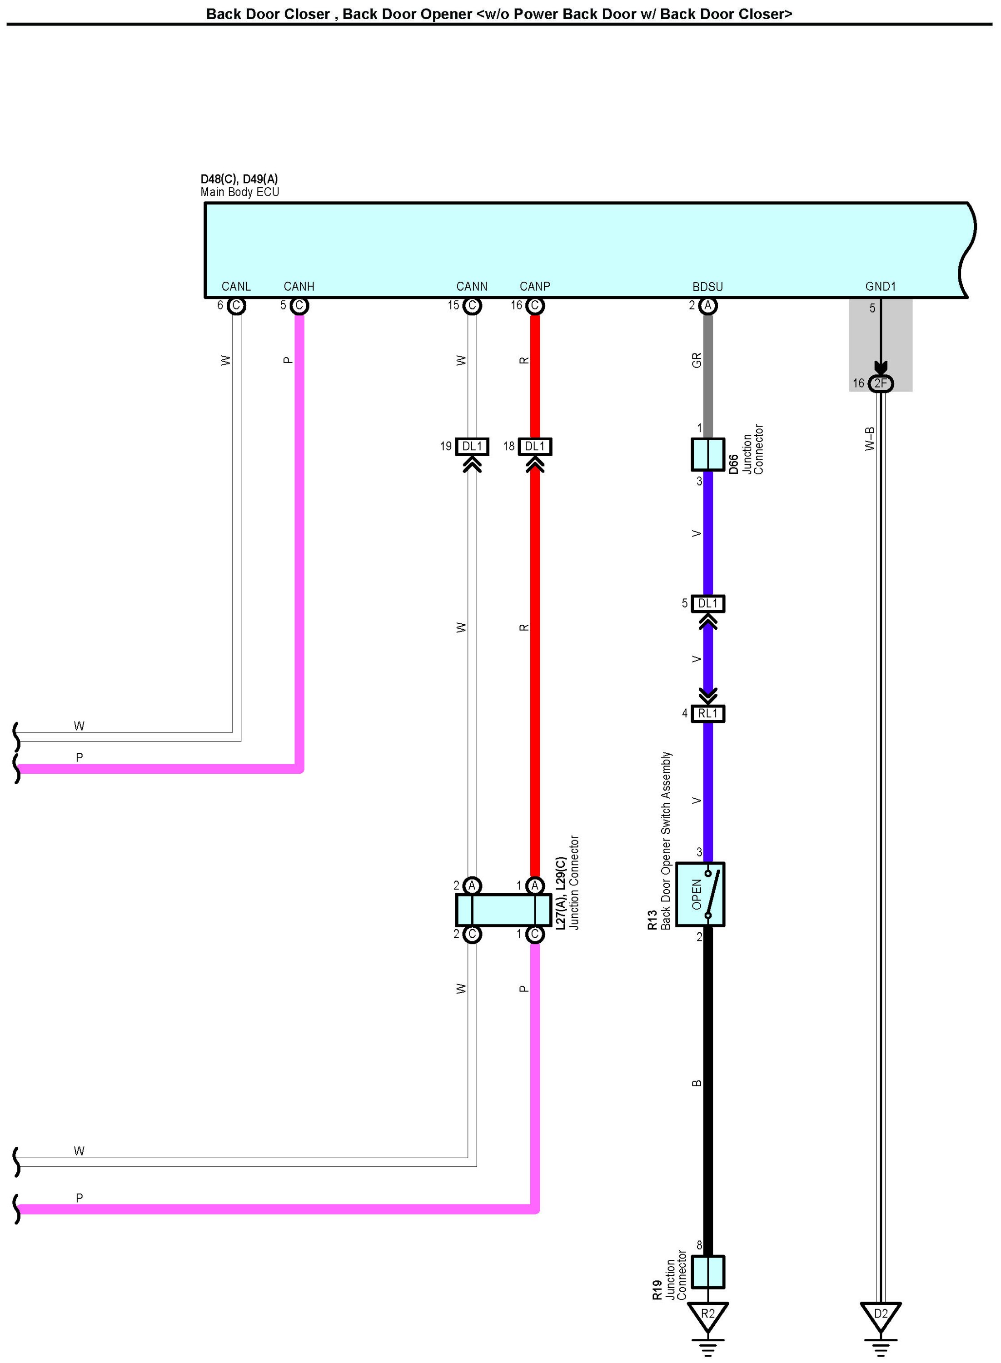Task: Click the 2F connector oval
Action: pyautogui.click(x=881, y=383)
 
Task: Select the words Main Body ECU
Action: pyautogui.click(x=240, y=192)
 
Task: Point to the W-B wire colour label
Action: pyautogui.click(x=870, y=438)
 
